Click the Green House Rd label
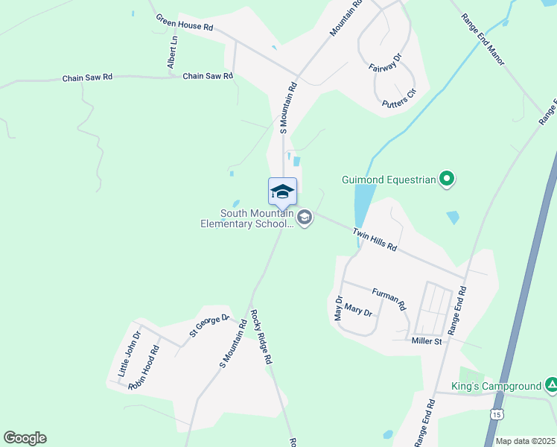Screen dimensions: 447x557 [185, 22]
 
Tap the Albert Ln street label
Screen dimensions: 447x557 [174, 53]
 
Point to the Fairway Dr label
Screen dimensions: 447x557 [385, 62]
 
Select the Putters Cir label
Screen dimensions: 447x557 [398, 98]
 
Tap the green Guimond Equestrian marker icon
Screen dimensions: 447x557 [447, 179]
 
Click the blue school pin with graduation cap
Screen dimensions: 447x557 [282, 192]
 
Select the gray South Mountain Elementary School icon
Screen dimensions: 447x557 [304, 218]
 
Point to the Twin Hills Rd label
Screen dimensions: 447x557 [375, 239]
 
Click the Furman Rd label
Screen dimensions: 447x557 [389, 299]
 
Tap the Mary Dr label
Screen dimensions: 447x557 [358, 308]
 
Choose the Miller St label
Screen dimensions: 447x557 [427, 341]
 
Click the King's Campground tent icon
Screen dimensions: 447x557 [551, 385]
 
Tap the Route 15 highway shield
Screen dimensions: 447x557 [497, 413]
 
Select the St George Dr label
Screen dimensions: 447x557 [210, 326]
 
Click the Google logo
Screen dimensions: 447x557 [25, 438]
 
